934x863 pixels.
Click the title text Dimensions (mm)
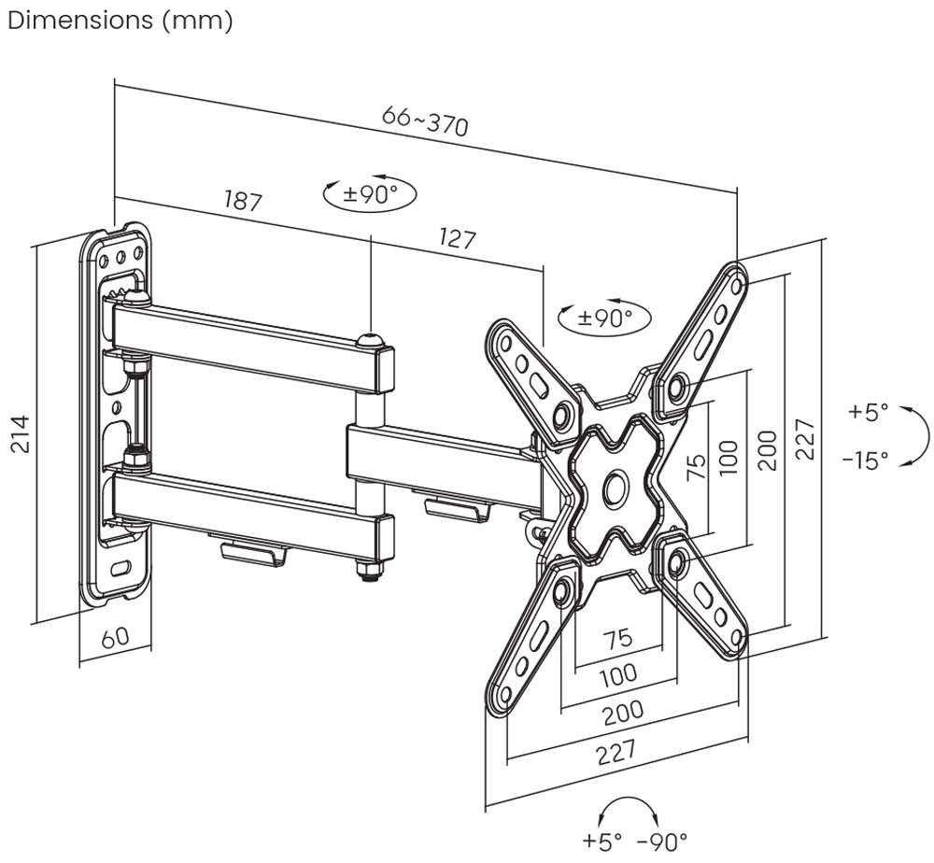tap(120, 21)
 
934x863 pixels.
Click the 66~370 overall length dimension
tap(425, 120)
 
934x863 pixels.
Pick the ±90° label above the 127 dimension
tap(370, 193)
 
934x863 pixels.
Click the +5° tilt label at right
tap(868, 412)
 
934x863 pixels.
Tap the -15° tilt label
tap(865, 460)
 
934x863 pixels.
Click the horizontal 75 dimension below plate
tap(616, 639)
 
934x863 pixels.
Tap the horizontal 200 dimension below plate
tap(622, 712)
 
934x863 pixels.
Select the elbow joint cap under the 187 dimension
tap(372, 340)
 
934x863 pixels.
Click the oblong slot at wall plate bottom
tap(120, 567)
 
